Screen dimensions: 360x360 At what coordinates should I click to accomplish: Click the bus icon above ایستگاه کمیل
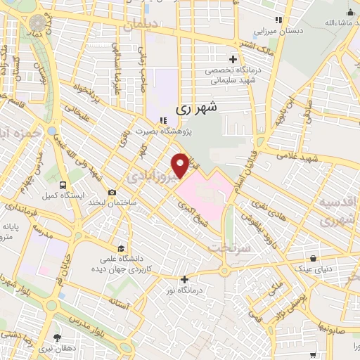coord(64,185)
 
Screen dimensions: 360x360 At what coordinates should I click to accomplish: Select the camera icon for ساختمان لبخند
coord(112,192)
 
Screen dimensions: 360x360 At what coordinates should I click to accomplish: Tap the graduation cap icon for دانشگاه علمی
coord(121,248)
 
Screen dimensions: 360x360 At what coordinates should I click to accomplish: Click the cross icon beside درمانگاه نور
coord(184,280)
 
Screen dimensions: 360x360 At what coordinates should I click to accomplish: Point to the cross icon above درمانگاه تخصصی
coord(233,59)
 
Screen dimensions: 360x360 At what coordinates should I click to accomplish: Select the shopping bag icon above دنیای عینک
coord(313,257)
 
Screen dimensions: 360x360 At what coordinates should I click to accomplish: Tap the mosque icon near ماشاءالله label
coord(350,12)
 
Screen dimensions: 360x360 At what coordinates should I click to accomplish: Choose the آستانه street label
coord(117,302)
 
